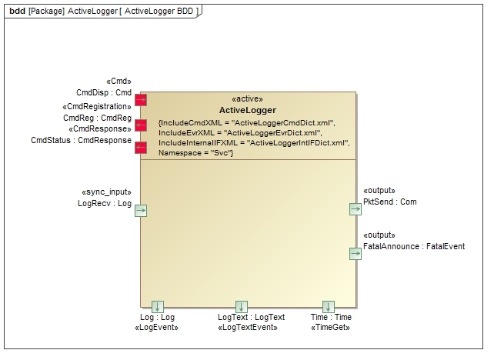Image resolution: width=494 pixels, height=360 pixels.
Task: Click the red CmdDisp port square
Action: pyautogui.click(x=141, y=99)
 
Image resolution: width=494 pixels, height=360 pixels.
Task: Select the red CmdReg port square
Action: pyautogui.click(x=141, y=125)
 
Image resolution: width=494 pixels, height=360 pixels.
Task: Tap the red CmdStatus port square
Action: pyautogui.click(x=141, y=148)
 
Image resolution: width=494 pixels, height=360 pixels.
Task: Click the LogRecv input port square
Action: pyautogui.click(x=141, y=211)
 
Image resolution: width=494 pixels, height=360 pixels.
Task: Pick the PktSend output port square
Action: pyautogui.click(x=355, y=208)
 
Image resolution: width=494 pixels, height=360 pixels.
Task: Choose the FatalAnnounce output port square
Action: pyautogui.click(x=355, y=253)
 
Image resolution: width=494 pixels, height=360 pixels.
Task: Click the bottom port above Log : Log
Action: pyautogui.click(x=158, y=307)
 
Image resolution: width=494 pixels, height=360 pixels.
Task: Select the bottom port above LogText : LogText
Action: pyautogui.click(x=242, y=307)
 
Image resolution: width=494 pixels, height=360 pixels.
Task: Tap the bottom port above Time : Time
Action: pyautogui.click(x=329, y=307)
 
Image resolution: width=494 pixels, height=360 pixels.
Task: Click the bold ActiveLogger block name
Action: pyautogui.click(x=247, y=110)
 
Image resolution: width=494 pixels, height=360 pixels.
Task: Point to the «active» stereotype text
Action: pyautogui.click(x=247, y=99)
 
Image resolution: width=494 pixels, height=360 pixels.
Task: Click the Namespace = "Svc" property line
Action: pyautogui.click(x=196, y=153)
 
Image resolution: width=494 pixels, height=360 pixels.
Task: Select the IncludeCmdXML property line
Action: pyautogui.click(x=246, y=122)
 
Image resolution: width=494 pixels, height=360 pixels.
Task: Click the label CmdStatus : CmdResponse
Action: pyautogui.click(x=81, y=140)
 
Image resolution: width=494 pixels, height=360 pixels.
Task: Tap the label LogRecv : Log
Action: pyautogui.click(x=105, y=203)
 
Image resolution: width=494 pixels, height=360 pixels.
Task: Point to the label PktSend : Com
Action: pyautogui.click(x=389, y=202)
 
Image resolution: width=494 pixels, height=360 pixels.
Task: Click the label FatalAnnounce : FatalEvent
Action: pyautogui.click(x=414, y=246)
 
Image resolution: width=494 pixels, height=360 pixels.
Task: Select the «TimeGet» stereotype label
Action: pyautogui.click(x=331, y=328)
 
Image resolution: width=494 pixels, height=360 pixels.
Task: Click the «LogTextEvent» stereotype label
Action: pyautogui.click(x=247, y=328)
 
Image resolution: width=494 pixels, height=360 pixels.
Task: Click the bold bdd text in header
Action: pyautogui.click(x=17, y=12)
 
